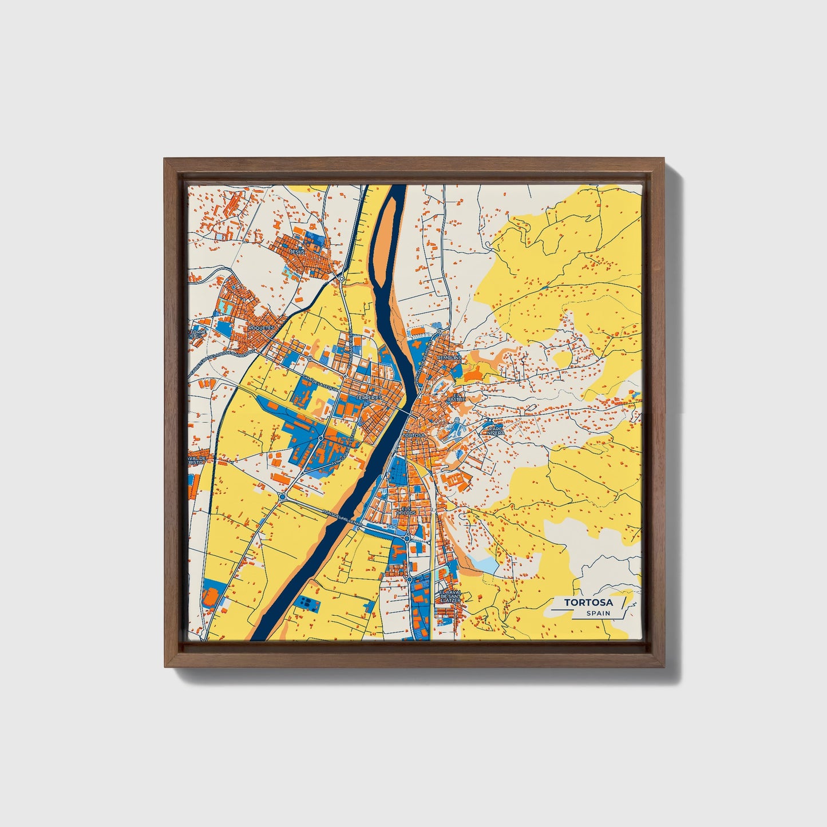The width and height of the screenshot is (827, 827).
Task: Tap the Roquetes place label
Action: [x=262, y=327]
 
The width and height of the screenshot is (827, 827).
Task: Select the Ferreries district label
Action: [x=368, y=397]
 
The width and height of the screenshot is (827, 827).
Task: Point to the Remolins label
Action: [x=449, y=357]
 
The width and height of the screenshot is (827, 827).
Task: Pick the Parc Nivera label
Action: [x=496, y=430]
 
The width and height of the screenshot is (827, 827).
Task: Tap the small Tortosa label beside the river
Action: [x=414, y=436]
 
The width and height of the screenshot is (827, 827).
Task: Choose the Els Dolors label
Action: [x=406, y=510]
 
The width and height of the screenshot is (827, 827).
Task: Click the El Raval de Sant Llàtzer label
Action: [x=450, y=596]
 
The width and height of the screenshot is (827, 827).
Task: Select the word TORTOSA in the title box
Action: [x=588, y=603]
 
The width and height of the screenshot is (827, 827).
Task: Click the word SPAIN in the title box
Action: [x=598, y=614]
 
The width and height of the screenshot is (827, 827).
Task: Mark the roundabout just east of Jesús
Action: [x=341, y=279]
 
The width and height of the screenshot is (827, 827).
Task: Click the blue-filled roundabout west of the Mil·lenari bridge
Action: [x=283, y=497]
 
